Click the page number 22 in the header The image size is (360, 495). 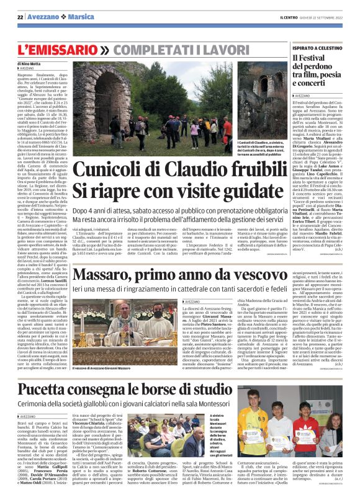[x=20, y=17]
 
